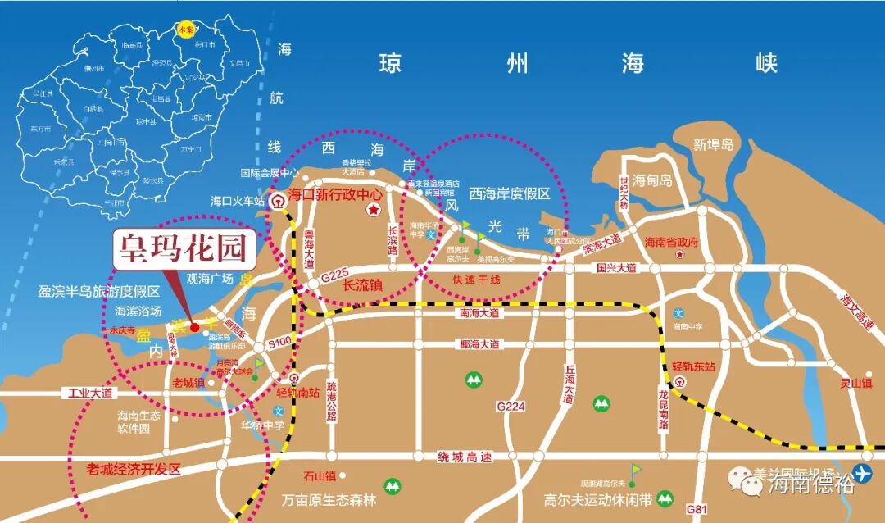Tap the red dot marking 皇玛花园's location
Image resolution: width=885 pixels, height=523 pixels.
194,327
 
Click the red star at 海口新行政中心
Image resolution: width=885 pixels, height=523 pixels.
373,211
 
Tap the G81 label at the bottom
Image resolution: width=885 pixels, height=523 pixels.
697,508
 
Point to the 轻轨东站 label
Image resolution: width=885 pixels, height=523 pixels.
694,366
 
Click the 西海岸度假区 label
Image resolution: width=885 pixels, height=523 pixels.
509,194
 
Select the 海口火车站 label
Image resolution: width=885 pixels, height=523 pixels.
238,200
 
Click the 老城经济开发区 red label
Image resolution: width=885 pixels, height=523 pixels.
134,470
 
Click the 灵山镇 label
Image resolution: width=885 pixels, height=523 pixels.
856,384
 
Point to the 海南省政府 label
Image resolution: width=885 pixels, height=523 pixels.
671,242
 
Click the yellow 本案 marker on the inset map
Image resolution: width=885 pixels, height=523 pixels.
184,30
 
